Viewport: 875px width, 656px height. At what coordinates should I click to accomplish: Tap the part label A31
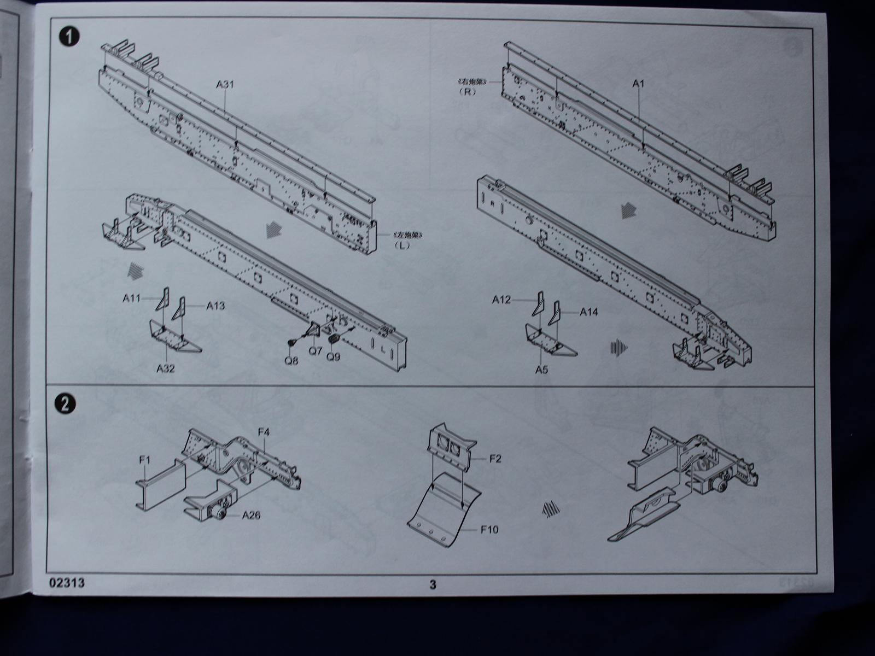point(225,84)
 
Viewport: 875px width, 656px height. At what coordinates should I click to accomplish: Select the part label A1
point(639,84)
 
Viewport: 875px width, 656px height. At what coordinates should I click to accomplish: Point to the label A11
point(132,298)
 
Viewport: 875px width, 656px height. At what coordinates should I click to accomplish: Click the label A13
point(215,306)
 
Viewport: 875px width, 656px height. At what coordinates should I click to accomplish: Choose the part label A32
point(165,368)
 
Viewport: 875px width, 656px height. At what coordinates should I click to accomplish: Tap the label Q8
point(292,361)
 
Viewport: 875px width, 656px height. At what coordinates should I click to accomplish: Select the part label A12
point(501,300)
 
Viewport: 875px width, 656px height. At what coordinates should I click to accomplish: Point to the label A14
point(588,312)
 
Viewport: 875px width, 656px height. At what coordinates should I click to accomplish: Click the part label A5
point(541,370)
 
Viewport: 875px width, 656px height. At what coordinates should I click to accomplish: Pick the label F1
point(144,461)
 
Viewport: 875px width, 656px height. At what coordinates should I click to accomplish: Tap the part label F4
point(264,432)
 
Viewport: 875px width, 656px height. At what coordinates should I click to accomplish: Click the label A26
point(251,515)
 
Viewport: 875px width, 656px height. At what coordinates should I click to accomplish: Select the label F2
point(495,459)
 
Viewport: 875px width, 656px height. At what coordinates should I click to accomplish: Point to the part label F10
point(489,529)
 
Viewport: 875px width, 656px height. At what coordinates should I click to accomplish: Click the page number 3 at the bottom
point(433,584)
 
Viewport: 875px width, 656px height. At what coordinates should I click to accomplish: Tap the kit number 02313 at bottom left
point(67,583)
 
